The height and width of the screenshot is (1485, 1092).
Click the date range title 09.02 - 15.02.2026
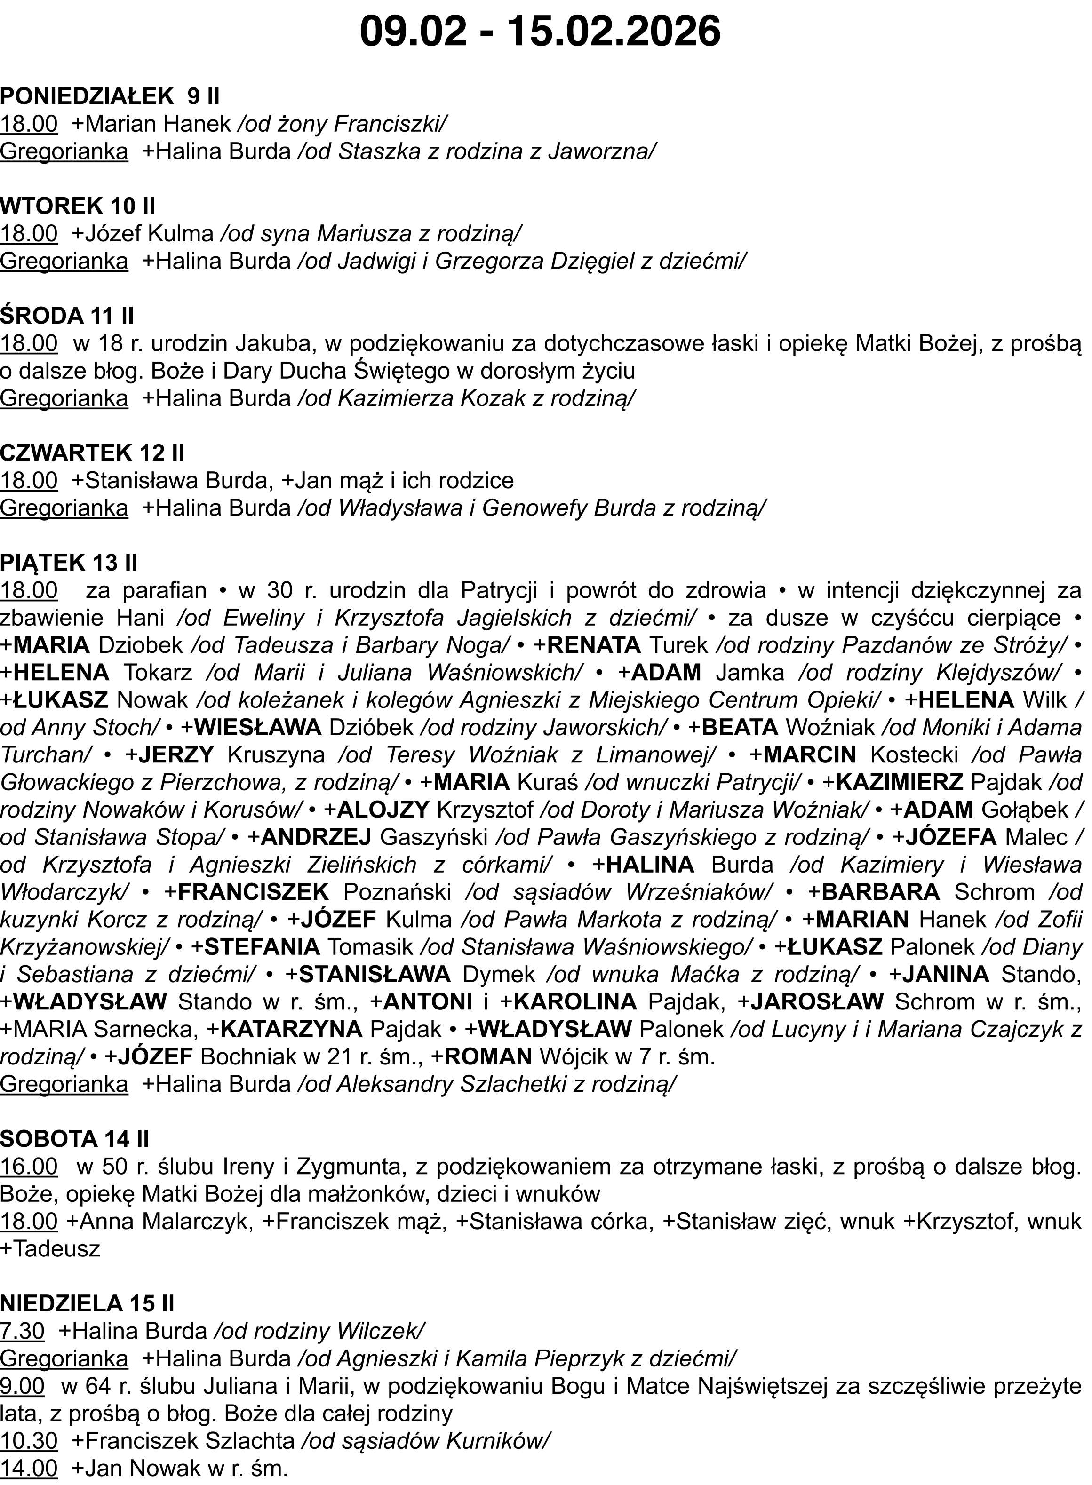[540, 31]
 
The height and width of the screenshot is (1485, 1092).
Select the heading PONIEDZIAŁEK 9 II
[110, 96]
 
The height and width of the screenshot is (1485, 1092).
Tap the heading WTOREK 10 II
[77, 206]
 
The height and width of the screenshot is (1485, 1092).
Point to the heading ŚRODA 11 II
[67, 316]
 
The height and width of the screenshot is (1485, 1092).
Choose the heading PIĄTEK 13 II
[69, 563]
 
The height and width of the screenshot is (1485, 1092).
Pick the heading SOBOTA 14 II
[75, 1139]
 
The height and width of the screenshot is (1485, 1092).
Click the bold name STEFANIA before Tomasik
[263, 946]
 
